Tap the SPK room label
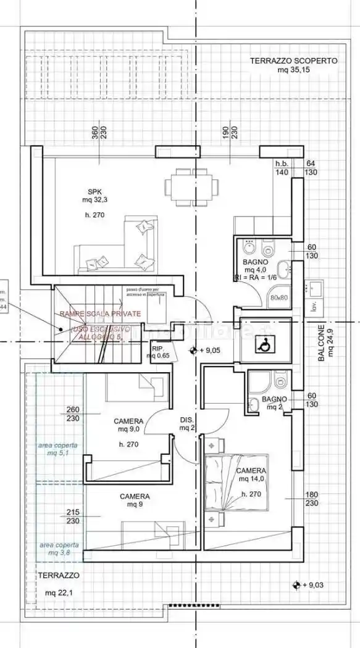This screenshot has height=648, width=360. click(x=94, y=196)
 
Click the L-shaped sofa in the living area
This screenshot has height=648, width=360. click(x=117, y=247)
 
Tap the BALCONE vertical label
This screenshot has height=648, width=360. click(x=324, y=341)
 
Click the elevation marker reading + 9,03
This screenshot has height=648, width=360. click(x=309, y=584)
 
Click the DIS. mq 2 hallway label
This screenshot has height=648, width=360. click(x=187, y=423)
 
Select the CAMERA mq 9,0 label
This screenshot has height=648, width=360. click(x=128, y=425)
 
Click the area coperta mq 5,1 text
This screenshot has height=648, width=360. click(x=59, y=449)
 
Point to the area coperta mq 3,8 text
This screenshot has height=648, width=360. click(x=59, y=549)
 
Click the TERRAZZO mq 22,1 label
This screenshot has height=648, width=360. click(x=59, y=584)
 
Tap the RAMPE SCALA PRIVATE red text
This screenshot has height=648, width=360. click(x=100, y=314)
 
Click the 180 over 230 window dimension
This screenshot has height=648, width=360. click(x=311, y=499)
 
